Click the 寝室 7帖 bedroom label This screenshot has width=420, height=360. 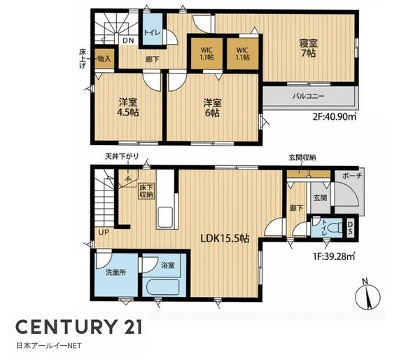(x=308, y=48)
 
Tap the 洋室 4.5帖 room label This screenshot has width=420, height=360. (x=128, y=107)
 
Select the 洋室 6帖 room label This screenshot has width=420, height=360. (x=212, y=108)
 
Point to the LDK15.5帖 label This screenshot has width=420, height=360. (x=225, y=238)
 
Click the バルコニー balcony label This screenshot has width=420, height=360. (x=308, y=96)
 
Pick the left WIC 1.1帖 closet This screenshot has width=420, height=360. (x=206, y=54)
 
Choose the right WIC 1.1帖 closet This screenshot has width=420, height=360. (x=242, y=54)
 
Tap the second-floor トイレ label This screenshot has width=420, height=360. (x=152, y=33)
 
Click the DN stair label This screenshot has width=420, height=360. (x=128, y=41)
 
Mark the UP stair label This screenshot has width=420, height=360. (x=104, y=233)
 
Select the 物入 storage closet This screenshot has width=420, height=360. (x=104, y=59)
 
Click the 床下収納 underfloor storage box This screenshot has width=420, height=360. (x=146, y=191)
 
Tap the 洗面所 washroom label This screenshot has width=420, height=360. (x=115, y=273)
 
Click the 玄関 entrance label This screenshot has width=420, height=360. (x=320, y=198)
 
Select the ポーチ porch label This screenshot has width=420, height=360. (x=352, y=176)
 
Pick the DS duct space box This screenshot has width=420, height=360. (x=350, y=228)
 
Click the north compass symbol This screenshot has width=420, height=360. (x=368, y=295)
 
